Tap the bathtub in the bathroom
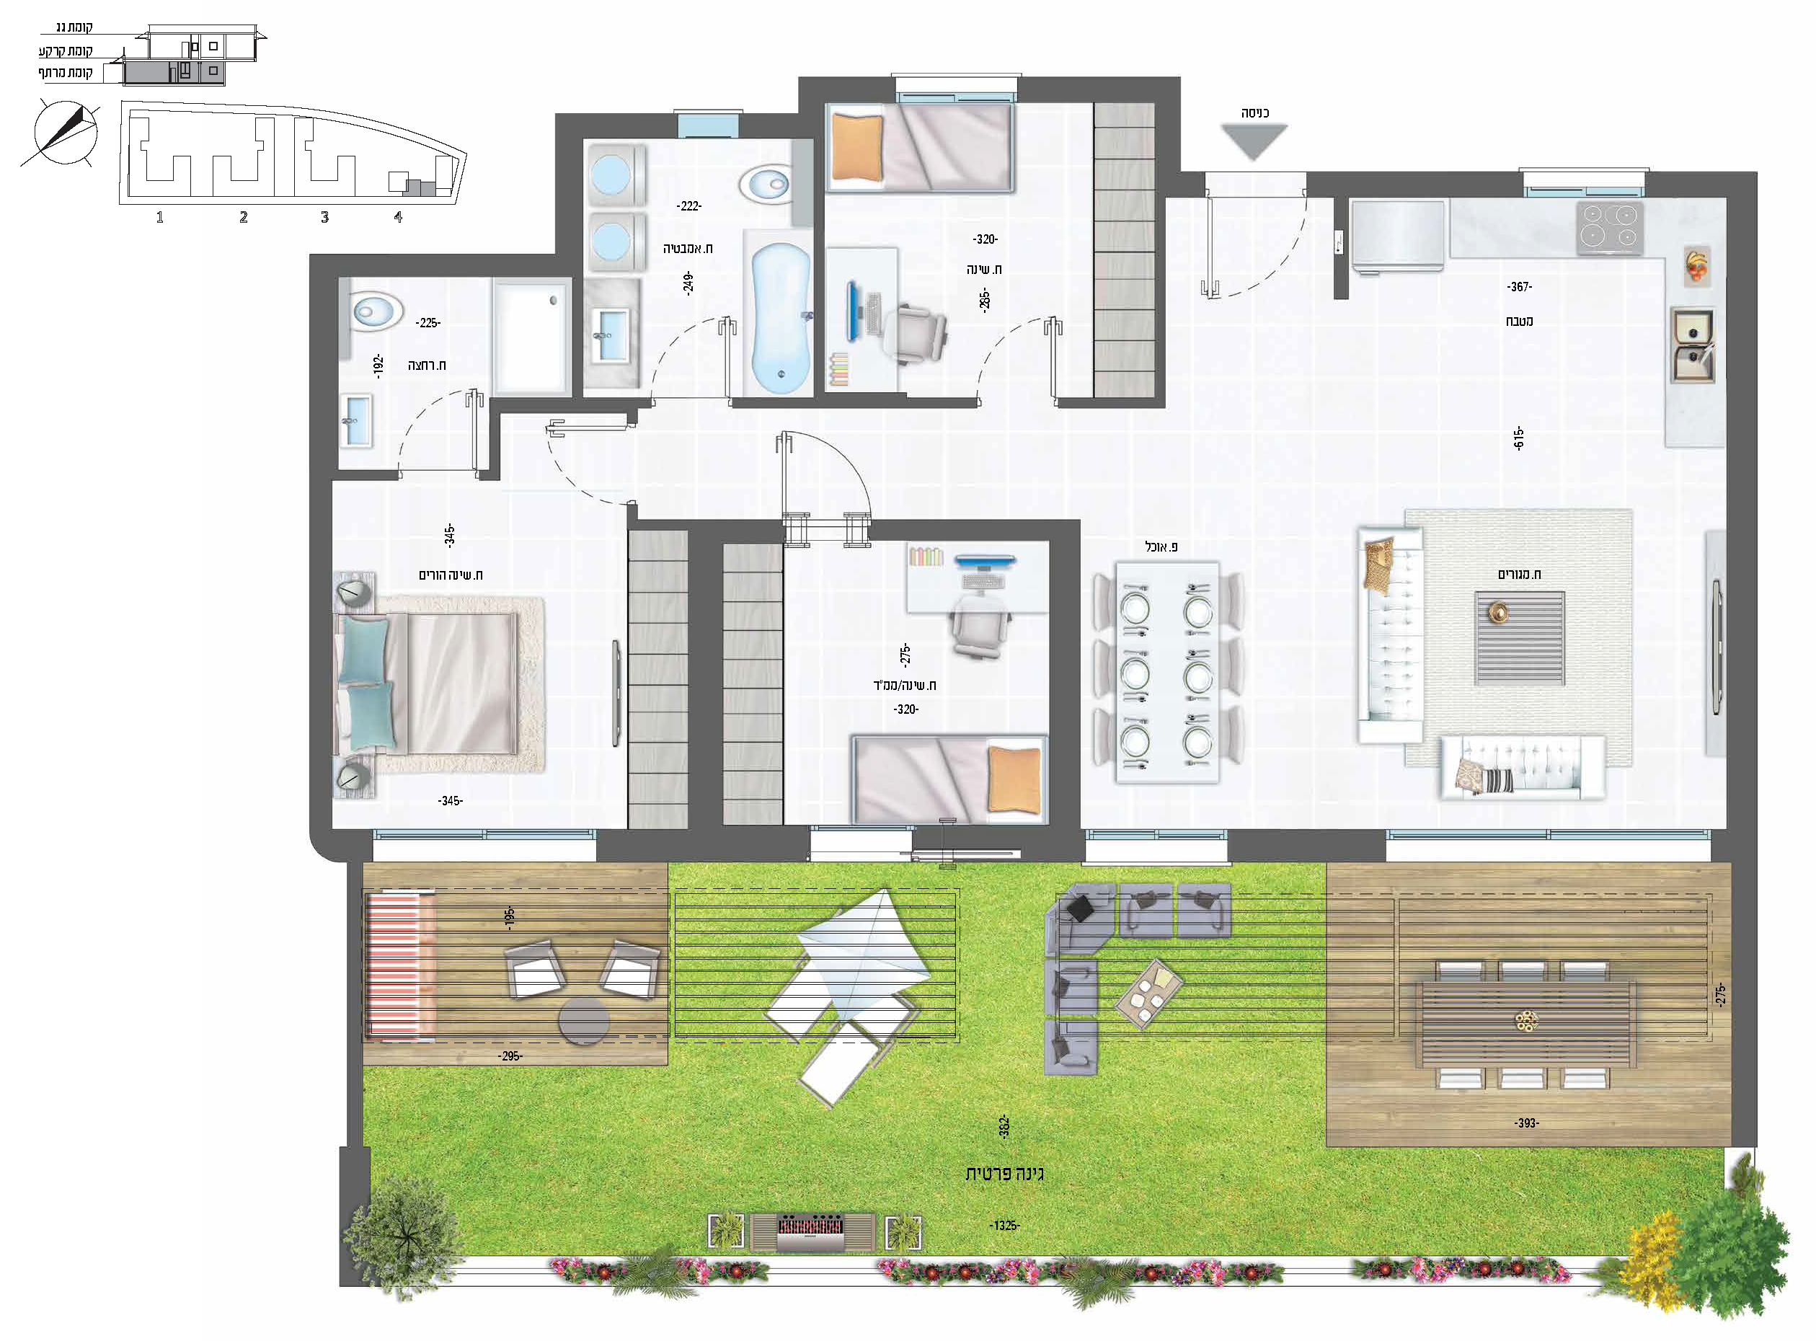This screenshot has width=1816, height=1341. [780, 318]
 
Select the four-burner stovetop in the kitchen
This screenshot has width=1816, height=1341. [1610, 227]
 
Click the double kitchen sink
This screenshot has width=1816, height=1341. [1693, 344]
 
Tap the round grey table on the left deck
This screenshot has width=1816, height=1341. [584, 1020]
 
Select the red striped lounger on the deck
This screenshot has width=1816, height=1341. [400, 966]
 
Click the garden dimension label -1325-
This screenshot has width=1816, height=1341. [1004, 1225]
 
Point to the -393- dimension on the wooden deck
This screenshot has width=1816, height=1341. [1526, 1123]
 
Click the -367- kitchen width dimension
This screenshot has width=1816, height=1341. [1520, 286]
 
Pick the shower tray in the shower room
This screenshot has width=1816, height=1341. [530, 336]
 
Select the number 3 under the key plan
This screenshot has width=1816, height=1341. [324, 217]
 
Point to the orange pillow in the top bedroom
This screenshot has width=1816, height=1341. [857, 147]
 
